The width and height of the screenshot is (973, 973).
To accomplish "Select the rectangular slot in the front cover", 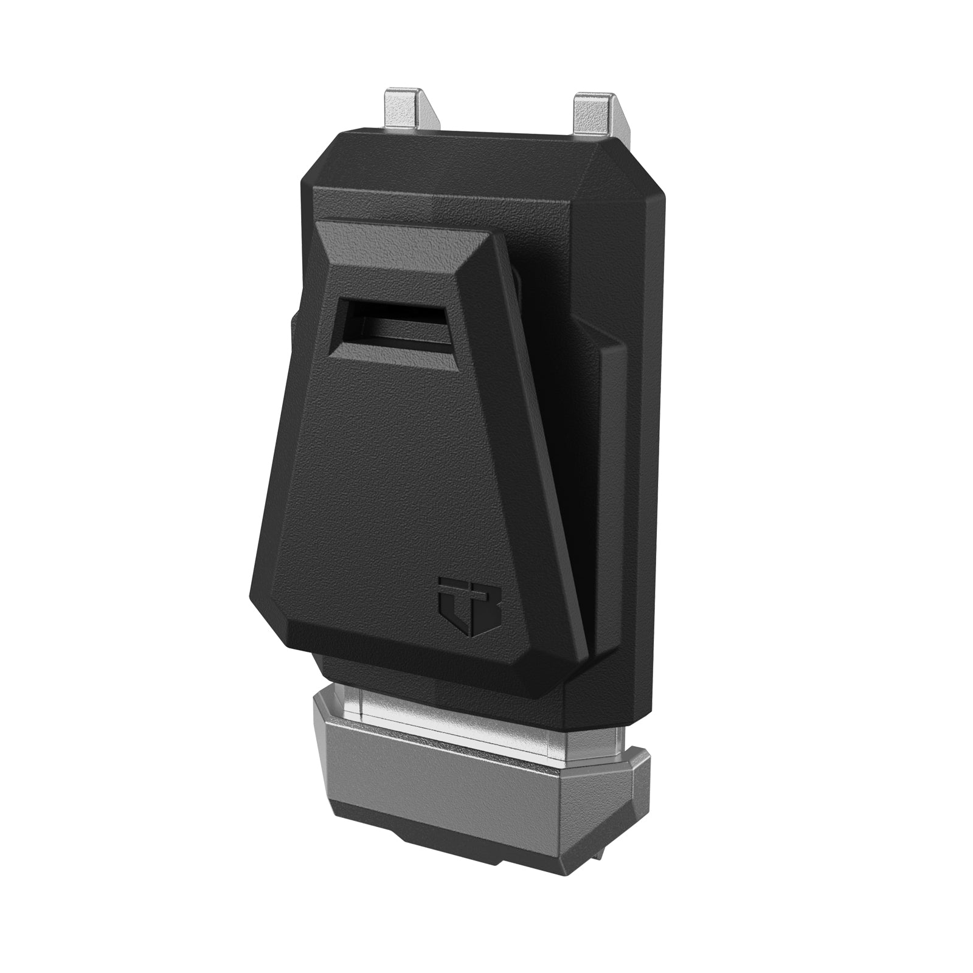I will tap(392, 328).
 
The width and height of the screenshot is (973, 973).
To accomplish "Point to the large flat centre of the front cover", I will tap(395, 486).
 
